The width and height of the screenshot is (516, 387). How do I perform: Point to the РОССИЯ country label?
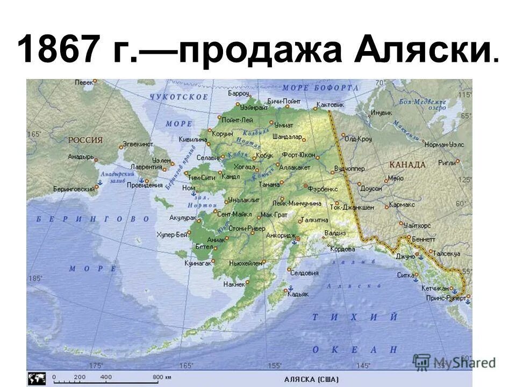click(85, 140)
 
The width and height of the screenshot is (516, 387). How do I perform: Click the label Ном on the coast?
click(188, 188)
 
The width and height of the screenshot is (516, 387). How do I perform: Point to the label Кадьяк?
click(298, 294)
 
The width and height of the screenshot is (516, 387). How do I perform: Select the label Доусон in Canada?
click(371, 189)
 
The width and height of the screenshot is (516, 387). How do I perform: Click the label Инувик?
click(381, 113)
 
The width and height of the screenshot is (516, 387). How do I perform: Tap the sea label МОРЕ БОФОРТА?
click(320, 87)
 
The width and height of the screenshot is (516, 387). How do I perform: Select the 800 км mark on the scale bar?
click(158, 377)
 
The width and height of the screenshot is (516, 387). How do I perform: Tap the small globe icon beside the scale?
click(37, 377)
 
